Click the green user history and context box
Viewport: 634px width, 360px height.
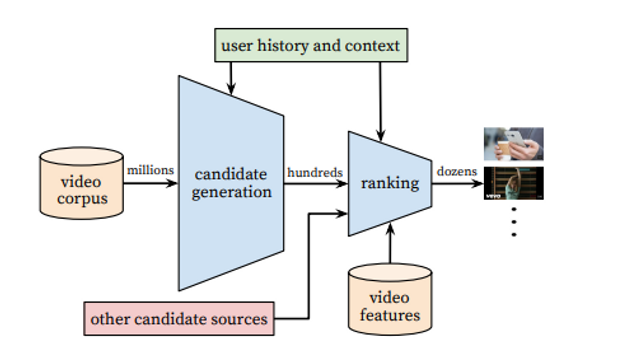point(311,45)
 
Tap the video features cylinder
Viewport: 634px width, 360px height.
point(389,299)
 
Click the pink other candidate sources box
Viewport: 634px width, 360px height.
point(179,318)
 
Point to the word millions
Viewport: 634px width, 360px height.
point(150,170)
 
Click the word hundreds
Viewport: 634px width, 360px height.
point(315,173)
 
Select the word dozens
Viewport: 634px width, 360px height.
point(457,172)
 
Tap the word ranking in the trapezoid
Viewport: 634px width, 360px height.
point(390,183)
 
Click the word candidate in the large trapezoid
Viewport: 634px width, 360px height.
point(231,174)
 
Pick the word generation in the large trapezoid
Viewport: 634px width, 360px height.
point(231,192)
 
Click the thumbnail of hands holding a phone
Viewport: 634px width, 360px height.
point(513,144)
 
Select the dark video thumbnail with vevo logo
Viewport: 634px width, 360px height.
point(513,183)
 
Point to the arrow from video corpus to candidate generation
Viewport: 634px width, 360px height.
point(150,183)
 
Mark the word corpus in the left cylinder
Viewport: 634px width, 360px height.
point(82,198)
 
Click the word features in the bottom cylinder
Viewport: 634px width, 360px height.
point(390,315)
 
